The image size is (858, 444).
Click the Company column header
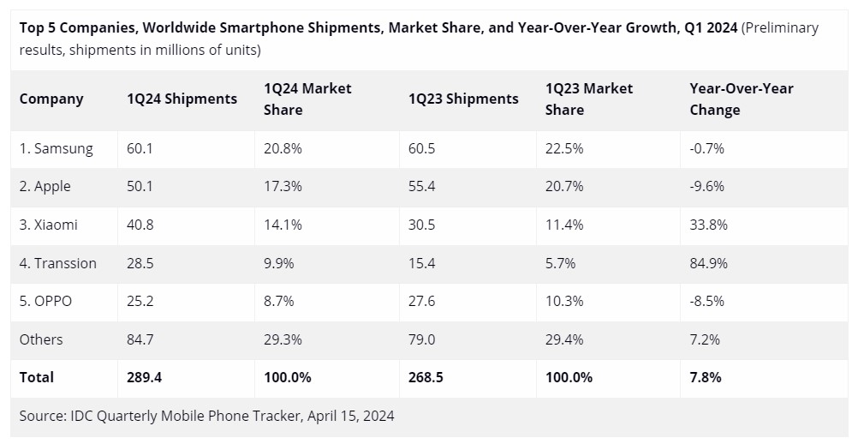pyautogui.click(x=51, y=99)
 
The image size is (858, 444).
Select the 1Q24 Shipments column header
pyautogui.click(x=182, y=99)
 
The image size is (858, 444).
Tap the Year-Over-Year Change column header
pyautogui.click(x=741, y=99)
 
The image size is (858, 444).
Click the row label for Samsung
pyautogui.click(x=57, y=148)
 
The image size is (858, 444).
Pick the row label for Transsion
pyautogui.click(x=58, y=263)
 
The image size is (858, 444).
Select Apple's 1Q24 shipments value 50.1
pyautogui.click(x=140, y=186)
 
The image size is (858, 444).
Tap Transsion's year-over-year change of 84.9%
pyautogui.click(x=708, y=263)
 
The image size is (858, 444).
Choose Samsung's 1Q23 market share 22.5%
pyautogui.click(x=564, y=148)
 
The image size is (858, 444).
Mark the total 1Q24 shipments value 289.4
pyautogui.click(x=144, y=377)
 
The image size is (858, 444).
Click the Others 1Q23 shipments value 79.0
pyautogui.click(x=422, y=339)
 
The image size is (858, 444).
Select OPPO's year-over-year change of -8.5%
pyautogui.click(x=707, y=301)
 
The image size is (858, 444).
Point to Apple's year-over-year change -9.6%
pyautogui.click(x=707, y=186)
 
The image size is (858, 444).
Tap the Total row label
pyautogui.click(x=37, y=377)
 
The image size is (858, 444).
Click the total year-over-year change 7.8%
pyautogui.click(x=705, y=377)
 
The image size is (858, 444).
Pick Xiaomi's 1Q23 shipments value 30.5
pyautogui.click(x=422, y=225)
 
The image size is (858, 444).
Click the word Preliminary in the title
pyautogui.click(x=781, y=27)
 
